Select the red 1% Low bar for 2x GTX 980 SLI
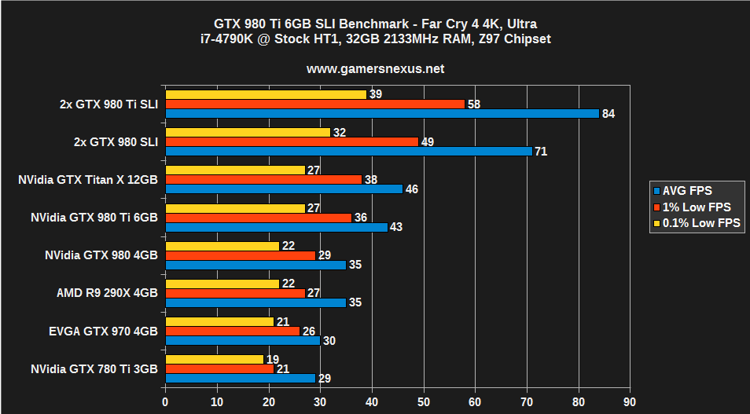point(291,142)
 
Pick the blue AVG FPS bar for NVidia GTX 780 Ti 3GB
point(240,378)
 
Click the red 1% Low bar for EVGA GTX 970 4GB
point(232,331)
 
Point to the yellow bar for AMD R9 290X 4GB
point(222,284)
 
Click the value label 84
point(608,114)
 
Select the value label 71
point(541,152)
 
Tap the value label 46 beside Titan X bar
point(411,189)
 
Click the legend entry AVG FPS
point(686,191)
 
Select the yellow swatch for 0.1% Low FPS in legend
point(656,223)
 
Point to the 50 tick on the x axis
point(424,401)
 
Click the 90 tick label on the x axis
point(630,401)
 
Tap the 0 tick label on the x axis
point(165,401)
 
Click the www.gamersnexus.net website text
point(375,68)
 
